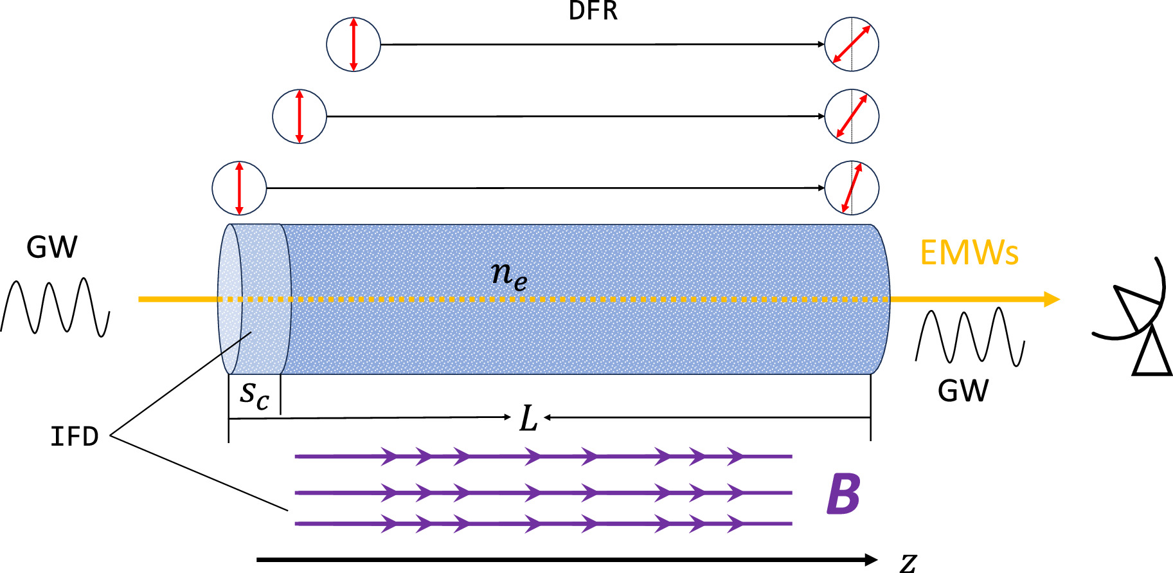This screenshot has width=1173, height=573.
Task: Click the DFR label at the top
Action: coord(593,12)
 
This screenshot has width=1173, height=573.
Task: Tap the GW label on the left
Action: coord(52,248)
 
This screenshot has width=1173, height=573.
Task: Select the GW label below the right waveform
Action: coord(963,391)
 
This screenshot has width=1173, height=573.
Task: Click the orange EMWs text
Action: coord(969,253)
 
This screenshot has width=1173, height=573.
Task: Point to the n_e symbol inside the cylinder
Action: coord(509,275)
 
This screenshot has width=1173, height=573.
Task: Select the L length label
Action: coord(528,419)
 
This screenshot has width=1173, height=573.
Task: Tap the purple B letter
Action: coord(843,494)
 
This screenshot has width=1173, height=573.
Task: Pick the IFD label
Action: coord(75,437)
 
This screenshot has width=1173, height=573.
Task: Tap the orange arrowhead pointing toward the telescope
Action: coord(1052,299)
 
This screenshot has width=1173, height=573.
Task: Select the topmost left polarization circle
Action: coord(354,44)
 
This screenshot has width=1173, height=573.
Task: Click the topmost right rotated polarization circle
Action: coord(852,44)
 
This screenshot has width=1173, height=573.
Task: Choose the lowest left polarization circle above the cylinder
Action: coord(239,188)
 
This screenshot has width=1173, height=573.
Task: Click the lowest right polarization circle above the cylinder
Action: coord(852,188)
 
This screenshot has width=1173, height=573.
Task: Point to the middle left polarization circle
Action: coord(300,116)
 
